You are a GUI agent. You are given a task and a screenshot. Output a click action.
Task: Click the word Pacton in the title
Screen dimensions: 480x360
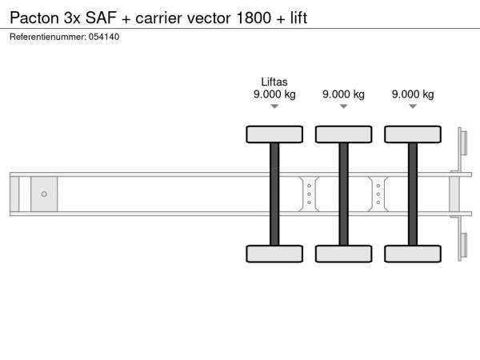[34, 18]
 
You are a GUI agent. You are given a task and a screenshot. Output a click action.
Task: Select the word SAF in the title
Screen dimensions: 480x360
[101, 18]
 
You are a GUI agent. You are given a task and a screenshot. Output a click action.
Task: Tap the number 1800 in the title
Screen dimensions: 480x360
[254, 18]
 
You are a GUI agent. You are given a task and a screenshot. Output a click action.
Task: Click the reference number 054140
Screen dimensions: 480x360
[104, 37]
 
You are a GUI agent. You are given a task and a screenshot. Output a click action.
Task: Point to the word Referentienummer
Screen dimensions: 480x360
[48, 37]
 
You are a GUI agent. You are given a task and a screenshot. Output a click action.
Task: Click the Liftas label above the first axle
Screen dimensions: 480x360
[274, 82]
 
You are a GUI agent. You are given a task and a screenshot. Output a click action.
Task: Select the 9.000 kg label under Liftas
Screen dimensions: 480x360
[274, 94]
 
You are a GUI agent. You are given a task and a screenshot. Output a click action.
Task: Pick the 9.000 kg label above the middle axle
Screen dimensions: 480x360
[343, 94]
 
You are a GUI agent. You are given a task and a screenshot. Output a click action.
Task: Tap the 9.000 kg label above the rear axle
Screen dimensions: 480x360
[413, 94]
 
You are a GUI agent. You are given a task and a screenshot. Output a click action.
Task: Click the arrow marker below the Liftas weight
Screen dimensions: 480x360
[274, 106]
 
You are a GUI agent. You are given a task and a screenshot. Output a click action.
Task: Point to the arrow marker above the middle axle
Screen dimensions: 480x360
[344, 106]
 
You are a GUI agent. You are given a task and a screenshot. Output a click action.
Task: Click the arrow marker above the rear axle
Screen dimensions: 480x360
[413, 106]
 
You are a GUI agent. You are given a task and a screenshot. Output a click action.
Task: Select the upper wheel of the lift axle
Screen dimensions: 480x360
[274, 134]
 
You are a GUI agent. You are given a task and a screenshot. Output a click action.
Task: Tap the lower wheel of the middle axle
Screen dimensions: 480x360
[344, 254]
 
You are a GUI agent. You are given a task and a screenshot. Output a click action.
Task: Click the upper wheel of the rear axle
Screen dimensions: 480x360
[413, 134]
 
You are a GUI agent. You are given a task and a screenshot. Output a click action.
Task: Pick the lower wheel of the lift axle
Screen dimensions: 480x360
[274, 254]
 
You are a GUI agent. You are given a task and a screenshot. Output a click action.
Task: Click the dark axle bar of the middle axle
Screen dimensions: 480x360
[344, 194]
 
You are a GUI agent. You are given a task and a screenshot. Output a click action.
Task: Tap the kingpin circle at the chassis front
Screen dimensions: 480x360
[44, 194]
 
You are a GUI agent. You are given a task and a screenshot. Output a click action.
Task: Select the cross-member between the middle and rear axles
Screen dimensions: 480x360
[378, 194]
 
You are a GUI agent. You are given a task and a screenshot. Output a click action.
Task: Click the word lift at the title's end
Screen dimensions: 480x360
[298, 18]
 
